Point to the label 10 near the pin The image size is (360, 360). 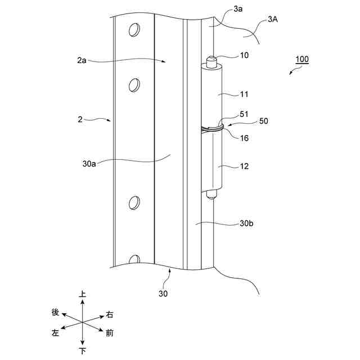pos(244,56)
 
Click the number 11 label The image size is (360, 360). pos(244,94)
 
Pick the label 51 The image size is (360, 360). pos(243,114)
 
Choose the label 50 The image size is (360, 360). pos(263,121)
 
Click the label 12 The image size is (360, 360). pos(244,166)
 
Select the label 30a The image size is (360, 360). pos(88,165)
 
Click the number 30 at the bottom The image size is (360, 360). pos(163,294)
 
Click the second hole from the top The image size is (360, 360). pos(134,85)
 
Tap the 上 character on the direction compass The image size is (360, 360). pos(83,294)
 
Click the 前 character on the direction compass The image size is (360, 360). pos(110,333)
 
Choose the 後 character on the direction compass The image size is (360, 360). pos(55,312)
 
